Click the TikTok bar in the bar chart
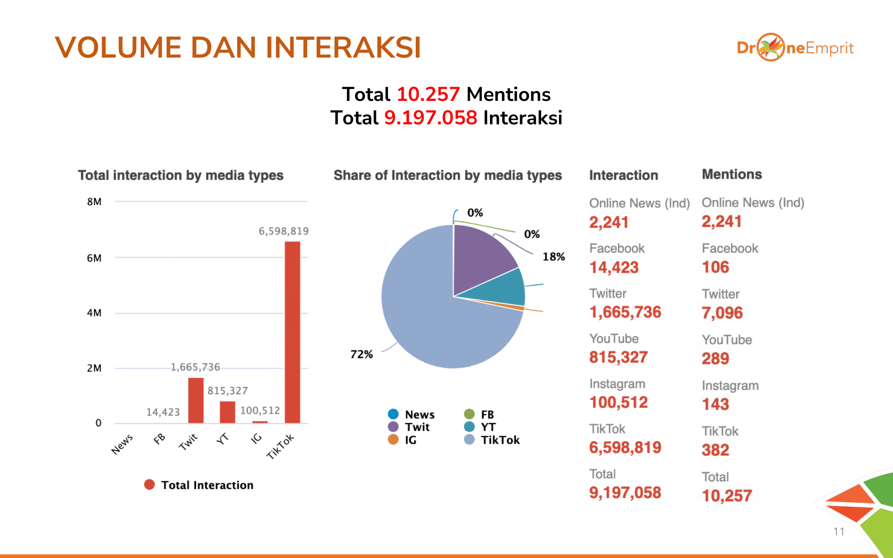pyautogui.click(x=292, y=332)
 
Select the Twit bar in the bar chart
pyautogui.click(x=196, y=400)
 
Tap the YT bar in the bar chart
pyautogui.click(x=227, y=412)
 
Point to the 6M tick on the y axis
pyautogui.click(x=94, y=258)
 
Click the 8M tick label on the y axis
pyautogui.click(x=94, y=202)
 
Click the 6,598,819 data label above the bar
pyautogui.click(x=284, y=231)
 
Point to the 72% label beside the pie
pyautogui.click(x=361, y=354)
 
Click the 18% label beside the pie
pyautogui.click(x=554, y=257)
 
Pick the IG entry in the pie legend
pyautogui.click(x=410, y=440)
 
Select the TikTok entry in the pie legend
pyautogui.click(x=500, y=440)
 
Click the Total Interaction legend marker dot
pyautogui.click(x=150, y=485)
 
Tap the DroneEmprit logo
pyautogui.click(x=795, y=47)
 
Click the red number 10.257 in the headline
pyautogui.click(x=428, y=95)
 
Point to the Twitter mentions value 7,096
pyautogui.click(x=722, y=313)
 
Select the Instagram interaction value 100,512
pyautogui.click(x=618, y=402)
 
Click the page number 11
pyautogui.click(x=839, y=532)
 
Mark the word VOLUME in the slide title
pyautogui.click(x=118, y=47)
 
